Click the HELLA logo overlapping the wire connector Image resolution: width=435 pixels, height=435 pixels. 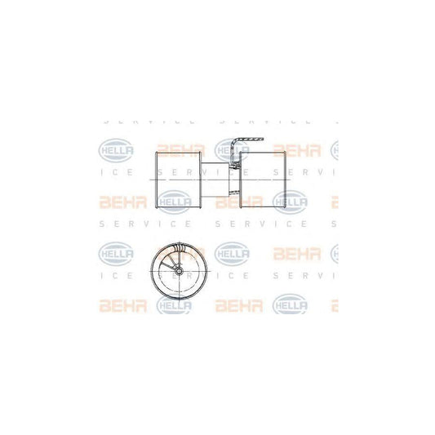(231, 150)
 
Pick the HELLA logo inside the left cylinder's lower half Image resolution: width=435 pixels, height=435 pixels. (174, 199)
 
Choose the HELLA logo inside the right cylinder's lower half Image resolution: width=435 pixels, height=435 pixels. (291, 199)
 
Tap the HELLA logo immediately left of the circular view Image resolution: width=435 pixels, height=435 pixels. (114, 252)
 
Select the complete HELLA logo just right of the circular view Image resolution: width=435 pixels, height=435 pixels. (231, 252)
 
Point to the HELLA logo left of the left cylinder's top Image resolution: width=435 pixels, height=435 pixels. (114, 150)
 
